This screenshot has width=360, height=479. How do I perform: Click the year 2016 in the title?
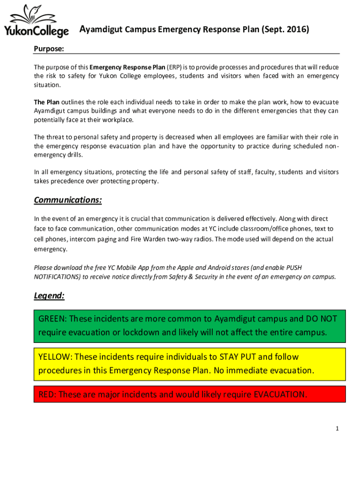(295, 30)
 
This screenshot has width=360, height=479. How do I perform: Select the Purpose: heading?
(49, 49)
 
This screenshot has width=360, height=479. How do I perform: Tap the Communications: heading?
(68, 200)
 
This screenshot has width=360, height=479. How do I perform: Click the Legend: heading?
(49, 296)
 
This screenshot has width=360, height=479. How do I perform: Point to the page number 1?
(337, 428)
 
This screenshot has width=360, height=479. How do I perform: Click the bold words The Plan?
(46, 102)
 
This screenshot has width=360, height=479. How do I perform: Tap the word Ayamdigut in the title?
(100, 30)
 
